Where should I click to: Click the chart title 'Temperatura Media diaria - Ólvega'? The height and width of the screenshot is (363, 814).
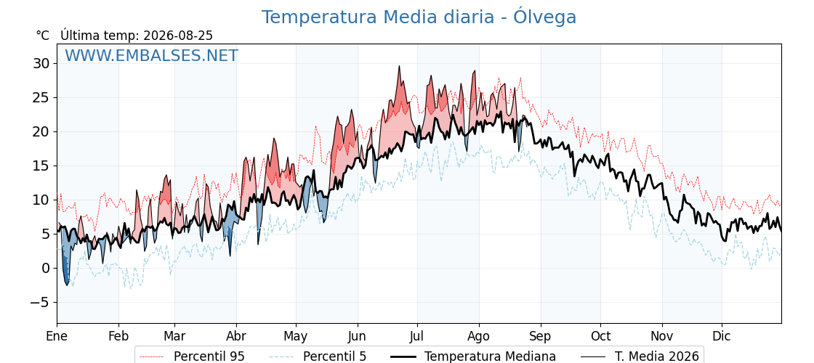[419, 17]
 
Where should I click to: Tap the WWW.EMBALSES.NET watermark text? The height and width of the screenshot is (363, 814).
[152, 55]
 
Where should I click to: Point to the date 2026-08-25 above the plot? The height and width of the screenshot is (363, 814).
[178, 36]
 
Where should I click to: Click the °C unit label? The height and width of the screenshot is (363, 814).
[43, 36]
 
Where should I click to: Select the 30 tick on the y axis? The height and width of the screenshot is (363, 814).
[41, 64]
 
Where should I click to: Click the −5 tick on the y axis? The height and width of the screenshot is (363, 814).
[38, 302]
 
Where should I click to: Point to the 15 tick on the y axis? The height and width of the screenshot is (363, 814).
[41, 166]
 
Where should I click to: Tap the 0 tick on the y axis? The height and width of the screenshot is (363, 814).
[45, 268]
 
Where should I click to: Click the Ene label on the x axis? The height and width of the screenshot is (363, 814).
[57, 336]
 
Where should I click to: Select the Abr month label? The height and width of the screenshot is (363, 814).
[236, 336]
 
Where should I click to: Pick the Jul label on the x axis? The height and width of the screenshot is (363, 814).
[417, 336]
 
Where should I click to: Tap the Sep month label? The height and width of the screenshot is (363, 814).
[541, 336]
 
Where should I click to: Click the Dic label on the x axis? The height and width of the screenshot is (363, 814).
[722, 336]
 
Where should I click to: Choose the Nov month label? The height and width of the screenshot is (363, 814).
[662, 336]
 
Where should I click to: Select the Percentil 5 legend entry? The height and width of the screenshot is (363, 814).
[318, 356]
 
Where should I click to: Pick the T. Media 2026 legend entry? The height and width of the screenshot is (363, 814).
[640, 356]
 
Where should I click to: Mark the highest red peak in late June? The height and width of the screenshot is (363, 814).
[399, 67]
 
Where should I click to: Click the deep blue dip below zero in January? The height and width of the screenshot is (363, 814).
[66, 283]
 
